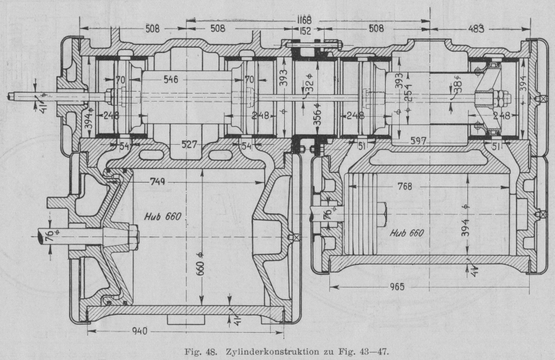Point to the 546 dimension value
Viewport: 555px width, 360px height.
pyautogui.click(x=171, y=79)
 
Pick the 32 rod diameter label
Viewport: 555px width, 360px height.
pyautogui.click(x=309, y=87)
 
